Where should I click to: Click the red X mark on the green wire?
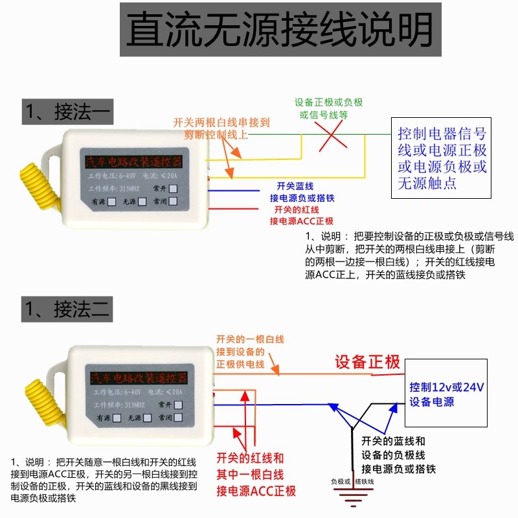(333, 136)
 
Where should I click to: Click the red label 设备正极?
(367, 362)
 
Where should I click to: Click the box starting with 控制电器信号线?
(442, 159)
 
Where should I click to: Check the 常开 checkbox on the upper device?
(174, 188)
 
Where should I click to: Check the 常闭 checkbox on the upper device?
(174, 201)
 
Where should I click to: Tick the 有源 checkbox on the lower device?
(117, 418)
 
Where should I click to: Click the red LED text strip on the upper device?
(134, 160)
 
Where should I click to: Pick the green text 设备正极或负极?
(328, 103)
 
